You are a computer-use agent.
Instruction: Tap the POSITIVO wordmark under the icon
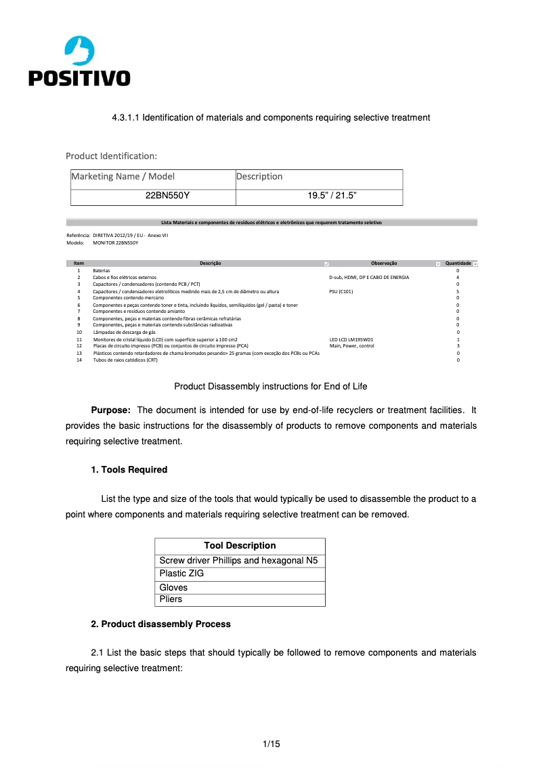pyautogui.click(x=79, y=79)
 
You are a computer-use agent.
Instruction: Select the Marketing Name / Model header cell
pyautogui.click(x=123, y=177)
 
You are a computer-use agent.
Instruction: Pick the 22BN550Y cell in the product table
pyautogui.click(x=167, y=196)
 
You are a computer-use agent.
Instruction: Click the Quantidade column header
pyautogui.click(x=458, y=263)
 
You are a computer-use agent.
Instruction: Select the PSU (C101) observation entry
pyautogui.click(x=341, y=291)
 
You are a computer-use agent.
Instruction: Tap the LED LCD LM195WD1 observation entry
pyautogui.click(x=351, y=339)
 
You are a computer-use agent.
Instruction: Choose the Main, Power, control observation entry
pyautogui.click(x=351, y=346)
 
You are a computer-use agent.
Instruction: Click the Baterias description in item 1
pyautogui.click(x=101, y=270)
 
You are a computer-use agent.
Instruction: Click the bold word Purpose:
pyautogui.click(x=111, y=410)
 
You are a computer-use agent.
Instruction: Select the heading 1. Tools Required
pyautogui.click(x=129, y=469)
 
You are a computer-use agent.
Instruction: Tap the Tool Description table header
pyautogui.click(x=240, y=546)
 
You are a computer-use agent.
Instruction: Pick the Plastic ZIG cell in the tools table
pyautogui.click(x=181, y=574)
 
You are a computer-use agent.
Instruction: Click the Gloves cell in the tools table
pyautogui.click(x=173, y=588)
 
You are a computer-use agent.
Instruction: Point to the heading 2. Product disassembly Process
pyautogui.click(x=160, y=624)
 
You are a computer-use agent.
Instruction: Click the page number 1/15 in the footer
pyautogui.click(x=271, y=744)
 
